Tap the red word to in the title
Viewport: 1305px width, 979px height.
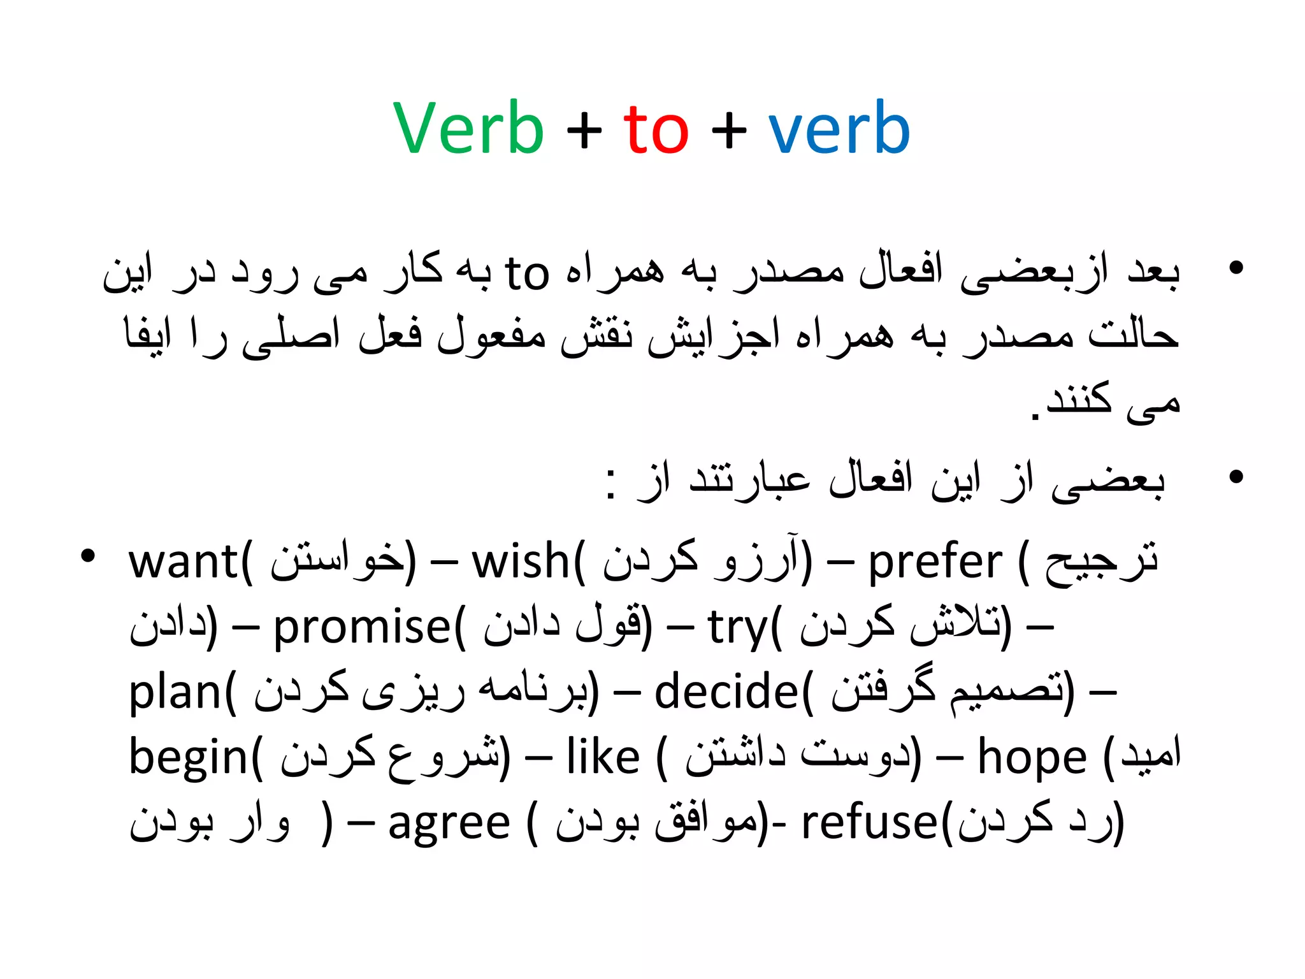click(656, 129)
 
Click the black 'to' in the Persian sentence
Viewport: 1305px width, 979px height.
click(526, 274)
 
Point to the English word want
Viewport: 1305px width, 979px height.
click(184, 562)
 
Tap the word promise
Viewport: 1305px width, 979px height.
click(362, 627)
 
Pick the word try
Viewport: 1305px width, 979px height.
click(737, 628)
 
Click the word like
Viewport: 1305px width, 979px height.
click(603, 757)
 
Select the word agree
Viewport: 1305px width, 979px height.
click(449, 824)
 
